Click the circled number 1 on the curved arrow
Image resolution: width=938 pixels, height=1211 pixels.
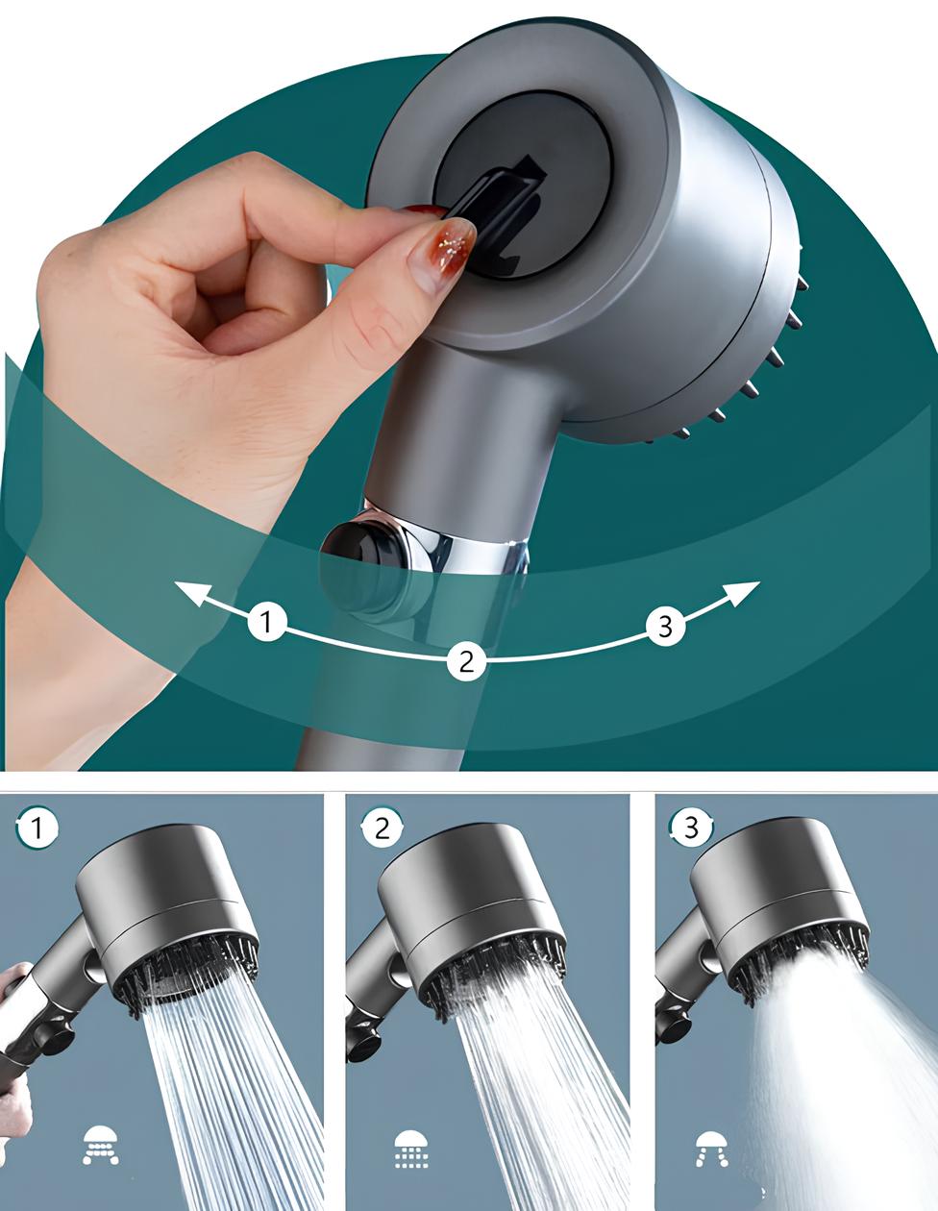(x=267, y=621)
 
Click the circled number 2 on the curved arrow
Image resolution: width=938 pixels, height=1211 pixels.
(x=467, y=661)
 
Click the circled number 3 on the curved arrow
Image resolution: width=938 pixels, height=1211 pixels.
(x=666, y=627)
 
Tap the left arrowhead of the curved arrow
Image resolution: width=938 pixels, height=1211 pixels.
(x=192, y=592)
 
